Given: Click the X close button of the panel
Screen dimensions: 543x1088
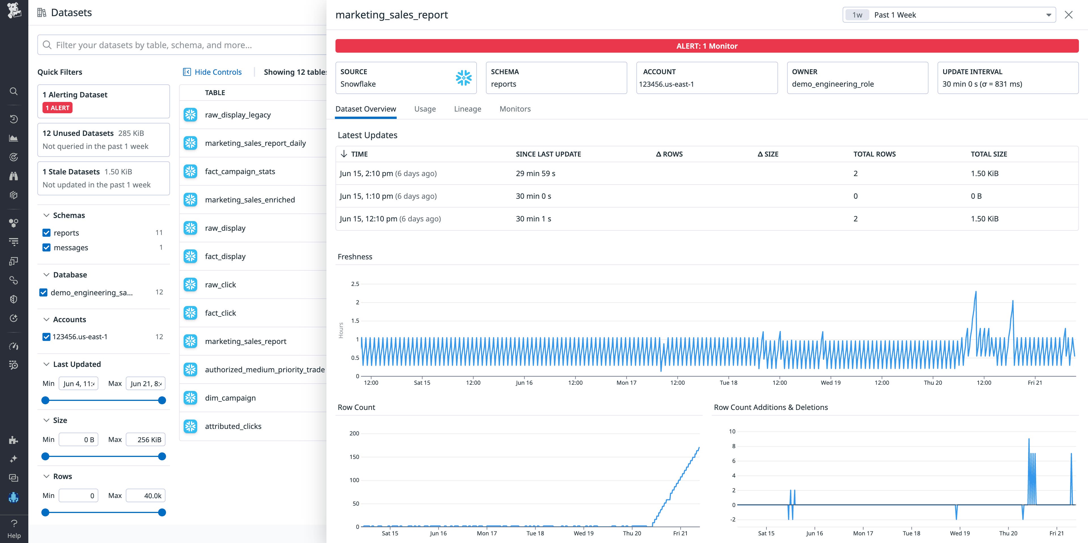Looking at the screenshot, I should pos(1068,15).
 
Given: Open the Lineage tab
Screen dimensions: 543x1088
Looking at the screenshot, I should pos(467,109).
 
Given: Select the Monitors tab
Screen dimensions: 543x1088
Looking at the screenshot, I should pos(515,109).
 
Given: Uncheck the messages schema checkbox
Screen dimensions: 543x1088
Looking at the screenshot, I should pos(46,248).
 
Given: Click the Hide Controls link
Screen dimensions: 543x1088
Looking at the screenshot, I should pos(218,72).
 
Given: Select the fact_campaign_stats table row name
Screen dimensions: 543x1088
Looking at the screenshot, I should pos(240,171).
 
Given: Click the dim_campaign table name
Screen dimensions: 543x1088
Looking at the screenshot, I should pos(230,398).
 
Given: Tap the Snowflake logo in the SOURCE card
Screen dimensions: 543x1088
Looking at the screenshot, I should pos(463,78).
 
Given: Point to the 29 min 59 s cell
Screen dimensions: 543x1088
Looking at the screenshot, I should pos(535,174).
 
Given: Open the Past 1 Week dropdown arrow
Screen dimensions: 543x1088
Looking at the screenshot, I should pos(1049,15).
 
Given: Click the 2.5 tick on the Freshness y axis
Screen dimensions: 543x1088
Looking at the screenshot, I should pos(355,284).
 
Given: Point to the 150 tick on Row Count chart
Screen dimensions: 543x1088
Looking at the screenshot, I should pos(354,457).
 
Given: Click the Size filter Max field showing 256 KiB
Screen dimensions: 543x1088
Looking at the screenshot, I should pos(146,440).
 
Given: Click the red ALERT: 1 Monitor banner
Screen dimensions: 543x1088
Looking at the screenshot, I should pos(707,46).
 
